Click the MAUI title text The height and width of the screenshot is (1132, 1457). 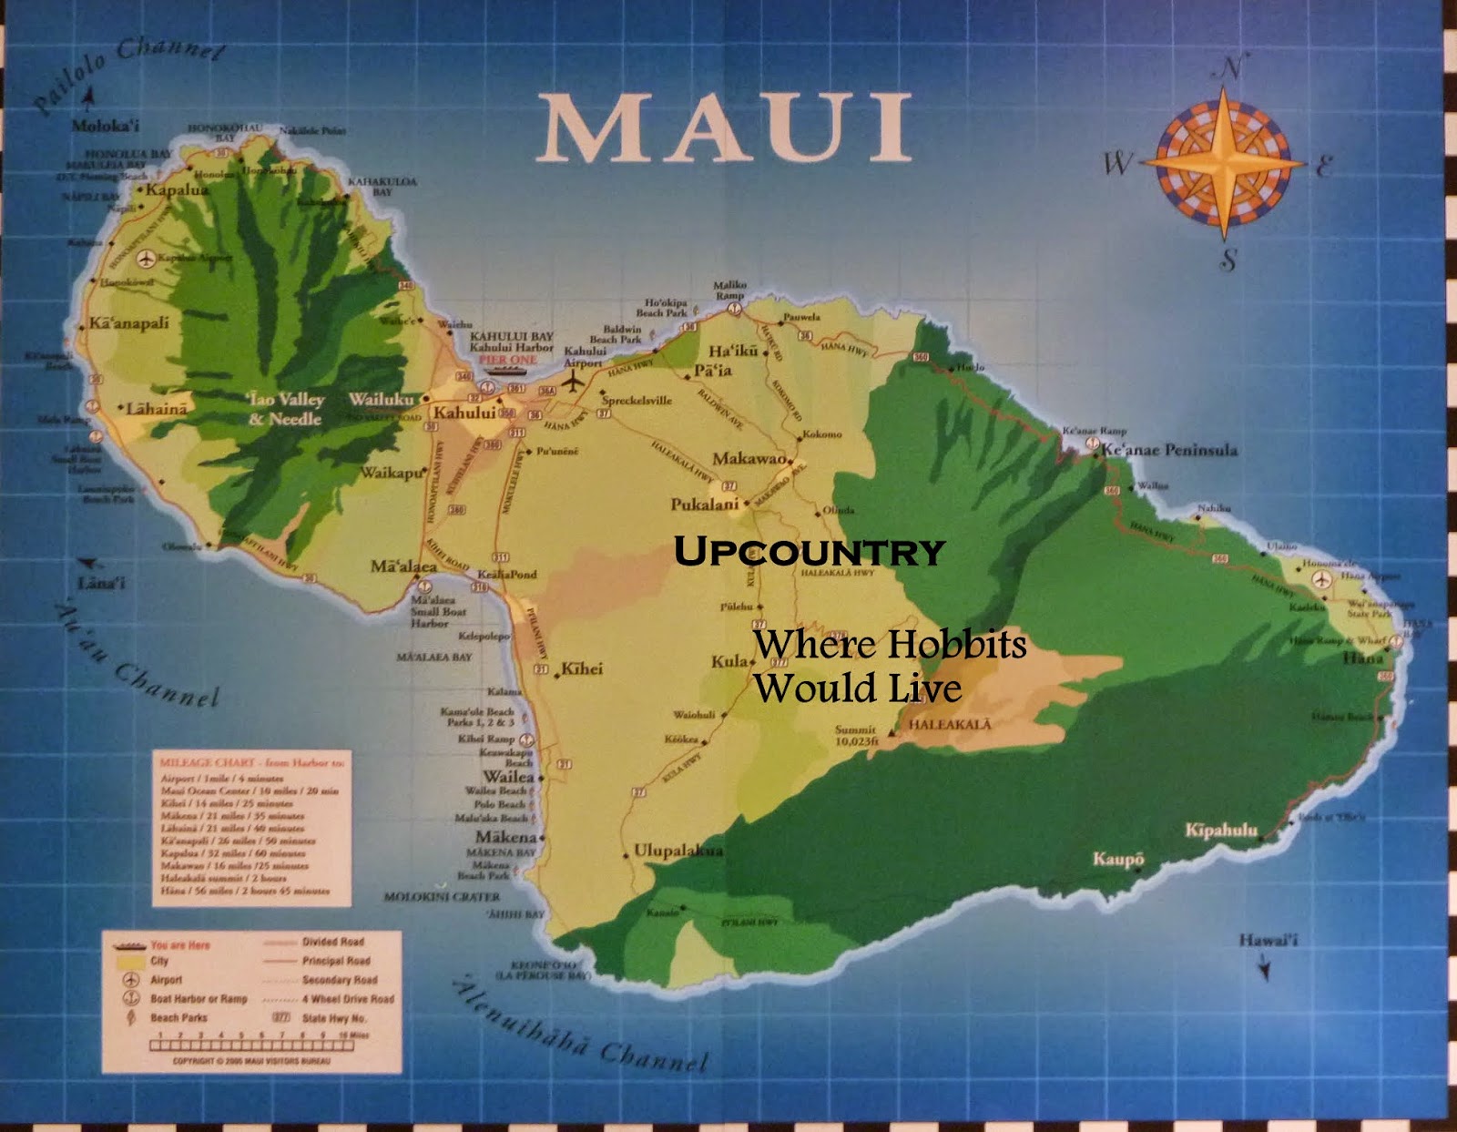(724, 129)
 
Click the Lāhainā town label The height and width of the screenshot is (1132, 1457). (157, 409)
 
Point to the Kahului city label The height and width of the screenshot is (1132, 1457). (464, 413)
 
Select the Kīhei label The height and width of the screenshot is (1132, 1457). (582, 668)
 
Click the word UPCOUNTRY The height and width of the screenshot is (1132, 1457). (809, 552)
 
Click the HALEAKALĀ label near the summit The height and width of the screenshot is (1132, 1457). (949, 725)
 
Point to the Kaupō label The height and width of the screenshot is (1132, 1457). (1118, 859)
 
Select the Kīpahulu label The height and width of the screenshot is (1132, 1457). (1220, 830)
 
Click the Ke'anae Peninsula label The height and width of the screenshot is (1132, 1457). (1169, 450)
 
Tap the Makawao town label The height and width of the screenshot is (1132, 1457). (749, 458)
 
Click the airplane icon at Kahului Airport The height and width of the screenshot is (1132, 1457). (572, 382)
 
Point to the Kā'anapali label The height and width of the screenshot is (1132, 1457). (128, 322)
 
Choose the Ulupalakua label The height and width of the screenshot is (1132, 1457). (678, 851)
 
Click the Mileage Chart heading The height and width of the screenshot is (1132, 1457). (250, 762)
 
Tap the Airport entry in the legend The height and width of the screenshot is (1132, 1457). (166, 980)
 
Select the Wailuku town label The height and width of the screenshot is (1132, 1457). (381, 399)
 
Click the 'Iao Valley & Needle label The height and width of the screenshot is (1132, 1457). (285, 409)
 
